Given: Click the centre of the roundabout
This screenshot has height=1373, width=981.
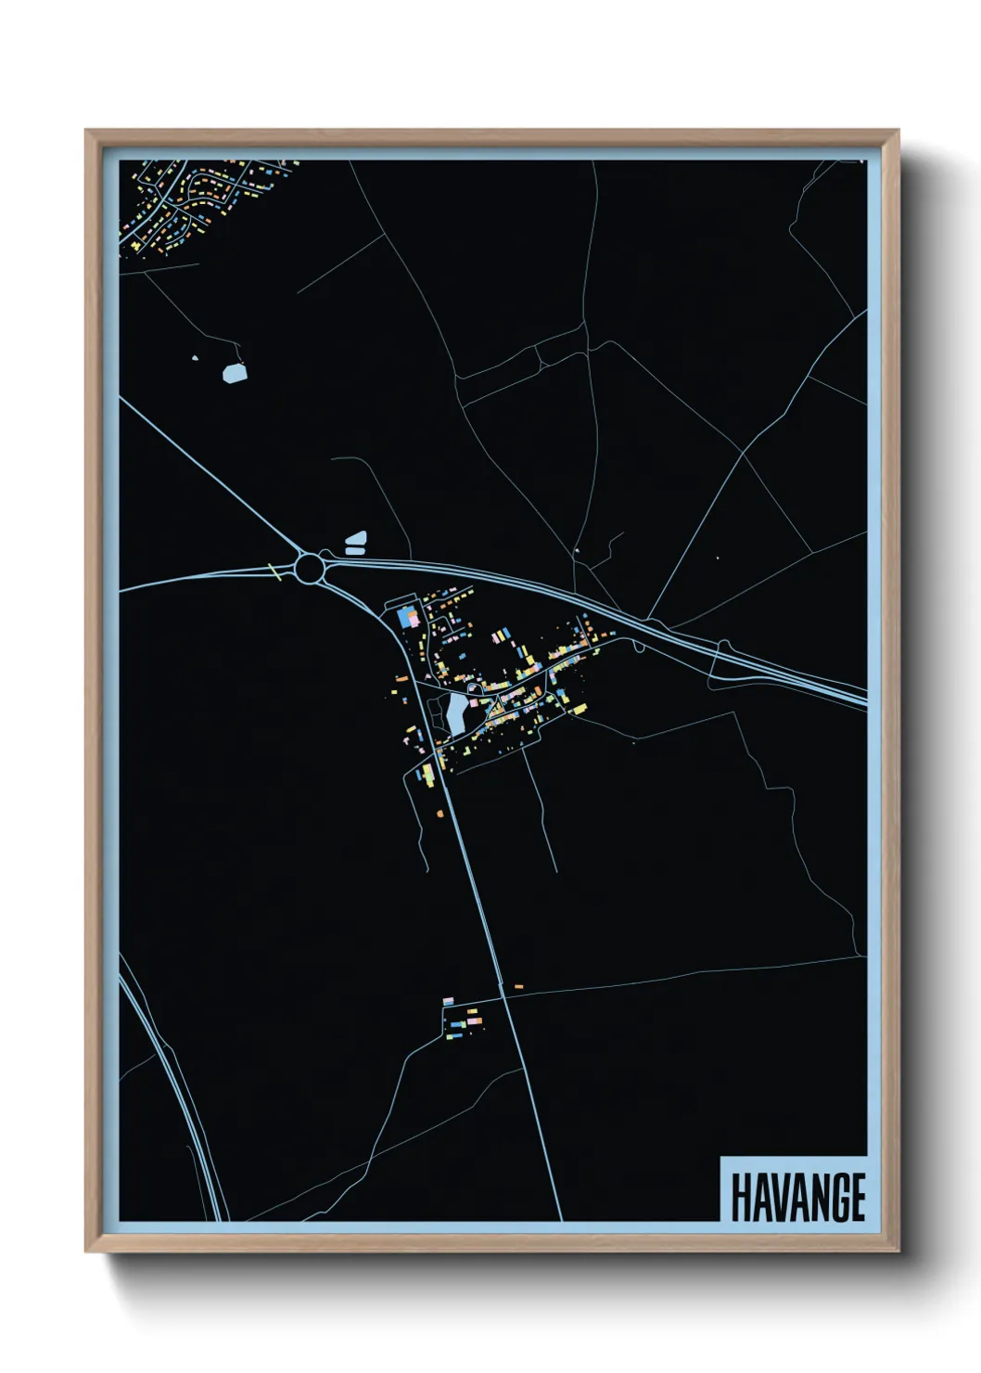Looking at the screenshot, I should [x=310, y=565].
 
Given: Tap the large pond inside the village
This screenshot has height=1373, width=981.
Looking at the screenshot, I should [x=456, y=712].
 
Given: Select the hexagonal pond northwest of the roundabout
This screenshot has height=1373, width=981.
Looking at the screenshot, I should [x=235, y=373].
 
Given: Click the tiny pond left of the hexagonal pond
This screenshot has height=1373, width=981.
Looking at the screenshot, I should [x=195, y=358].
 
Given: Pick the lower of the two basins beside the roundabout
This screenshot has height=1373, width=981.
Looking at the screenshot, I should [x=355, y=551].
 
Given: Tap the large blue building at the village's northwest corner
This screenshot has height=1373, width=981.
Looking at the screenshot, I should [x=406, y=616].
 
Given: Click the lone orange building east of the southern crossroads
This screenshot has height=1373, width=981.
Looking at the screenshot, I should [x=518, y=986].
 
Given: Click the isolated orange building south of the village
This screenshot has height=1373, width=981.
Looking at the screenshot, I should [x=440, y=814].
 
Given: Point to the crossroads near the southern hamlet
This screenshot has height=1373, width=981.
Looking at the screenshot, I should [x=503, y=995].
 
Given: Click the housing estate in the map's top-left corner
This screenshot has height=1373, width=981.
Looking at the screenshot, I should [x=199, y=204].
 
